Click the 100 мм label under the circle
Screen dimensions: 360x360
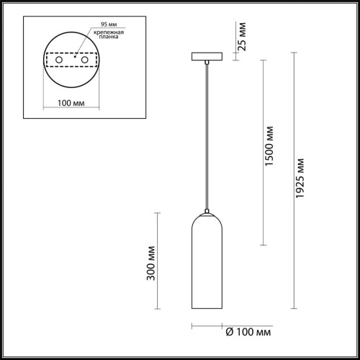coord(70,103)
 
